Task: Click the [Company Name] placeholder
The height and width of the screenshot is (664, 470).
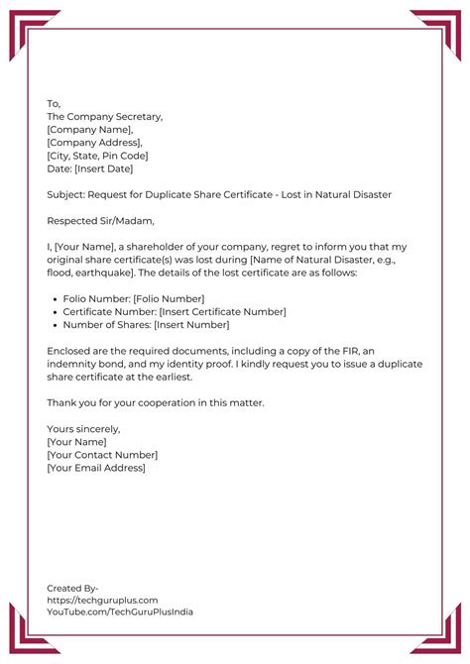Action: point(89,129)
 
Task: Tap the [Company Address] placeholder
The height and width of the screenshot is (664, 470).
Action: point(95,142)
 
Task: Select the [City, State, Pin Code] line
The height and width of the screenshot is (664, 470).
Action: point(97,155)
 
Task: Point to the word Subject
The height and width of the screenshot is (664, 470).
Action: point(65,194)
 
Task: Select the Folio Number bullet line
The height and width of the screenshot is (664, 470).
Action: point(133,298)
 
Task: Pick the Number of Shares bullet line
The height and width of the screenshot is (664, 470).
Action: point(145,324)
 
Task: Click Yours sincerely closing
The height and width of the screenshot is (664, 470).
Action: point(83,429)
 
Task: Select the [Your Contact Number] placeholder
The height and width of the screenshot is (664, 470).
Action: point(101,455)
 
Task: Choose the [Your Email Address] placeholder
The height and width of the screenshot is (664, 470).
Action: point(95,468)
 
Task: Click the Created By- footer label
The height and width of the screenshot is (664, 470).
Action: point(72,588)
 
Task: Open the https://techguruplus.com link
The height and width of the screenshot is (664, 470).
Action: point(102,600)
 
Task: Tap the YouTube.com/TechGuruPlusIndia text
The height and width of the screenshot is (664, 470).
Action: point(120,611)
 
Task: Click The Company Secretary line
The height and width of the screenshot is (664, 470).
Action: point(104,116)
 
